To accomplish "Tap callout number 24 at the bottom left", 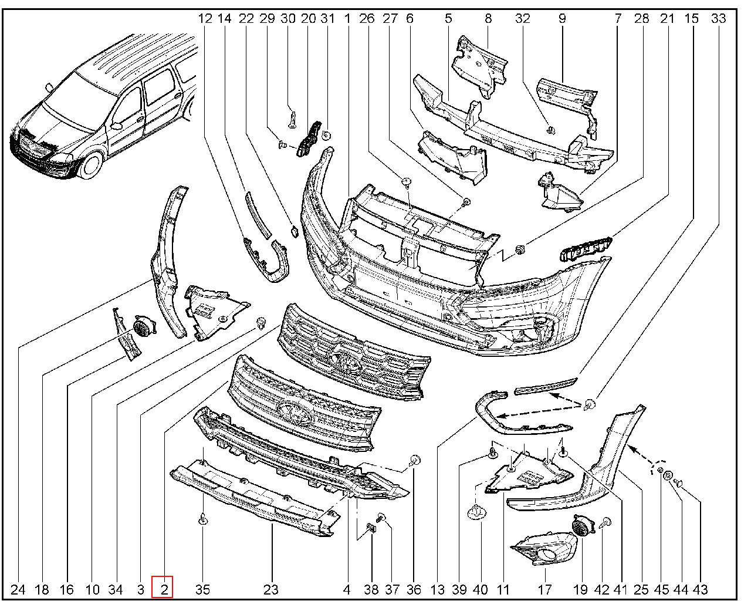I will [18, 589].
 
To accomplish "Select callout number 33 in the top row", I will [718, 18].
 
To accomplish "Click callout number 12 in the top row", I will [205, 18].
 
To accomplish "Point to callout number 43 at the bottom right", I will [701, 589].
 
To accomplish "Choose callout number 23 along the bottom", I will [270, 589].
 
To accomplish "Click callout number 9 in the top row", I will [562, 18].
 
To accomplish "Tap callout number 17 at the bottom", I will [544, 589].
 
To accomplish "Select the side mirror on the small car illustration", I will [116, 125].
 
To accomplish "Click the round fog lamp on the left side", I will [143, 326].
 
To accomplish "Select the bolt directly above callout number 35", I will [202, 519].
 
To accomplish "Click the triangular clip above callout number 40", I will [479, 512].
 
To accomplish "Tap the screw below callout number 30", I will [292, 119].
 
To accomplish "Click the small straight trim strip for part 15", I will [546, 386].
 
